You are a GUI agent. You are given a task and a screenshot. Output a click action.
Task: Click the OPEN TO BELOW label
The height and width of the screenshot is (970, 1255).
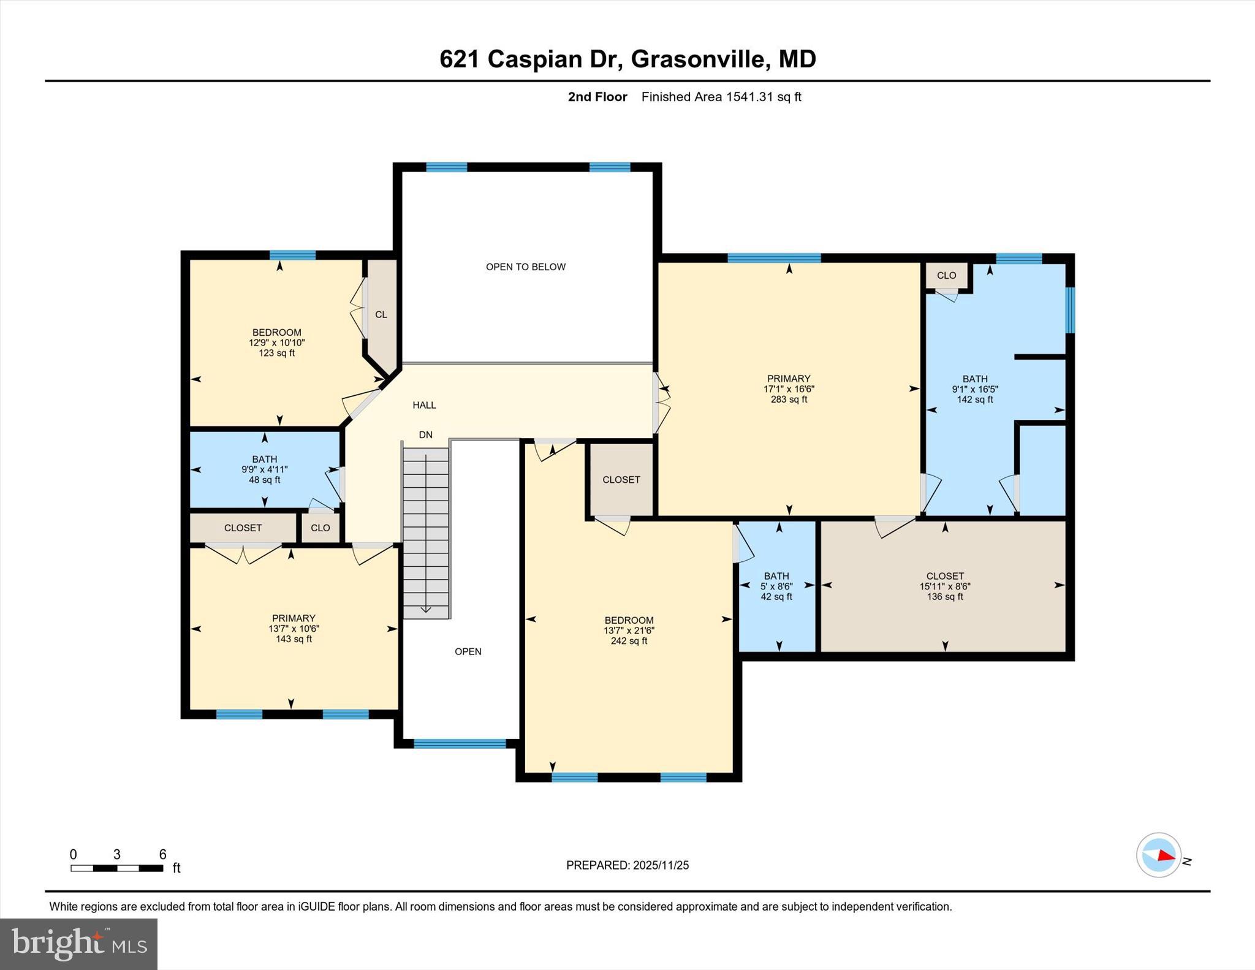click(x=525, y=267)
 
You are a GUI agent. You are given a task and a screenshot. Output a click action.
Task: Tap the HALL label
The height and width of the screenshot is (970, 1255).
click(x=424, y=405)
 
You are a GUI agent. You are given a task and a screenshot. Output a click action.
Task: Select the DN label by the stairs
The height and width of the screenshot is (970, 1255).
click(x=425, y=435)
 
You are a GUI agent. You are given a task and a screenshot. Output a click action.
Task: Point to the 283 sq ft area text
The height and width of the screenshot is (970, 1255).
click(x=789, y=400)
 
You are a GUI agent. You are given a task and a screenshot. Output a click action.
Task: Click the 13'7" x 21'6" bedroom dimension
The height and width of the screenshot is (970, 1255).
click(x=629, y=631)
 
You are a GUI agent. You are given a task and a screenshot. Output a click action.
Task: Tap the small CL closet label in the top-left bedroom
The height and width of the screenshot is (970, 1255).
click(x=381, y=314)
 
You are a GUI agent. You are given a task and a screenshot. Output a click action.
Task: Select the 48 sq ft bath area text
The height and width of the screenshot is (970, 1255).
click(x=264, y=480)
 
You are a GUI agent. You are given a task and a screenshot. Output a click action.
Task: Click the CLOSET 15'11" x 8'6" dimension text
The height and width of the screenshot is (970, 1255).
click(x=945, y=586)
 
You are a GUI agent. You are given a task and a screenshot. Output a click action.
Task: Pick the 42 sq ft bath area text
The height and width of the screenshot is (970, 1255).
click(x=776, y=597)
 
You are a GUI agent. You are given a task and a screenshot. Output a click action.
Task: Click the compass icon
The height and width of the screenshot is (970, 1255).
click(x=1158, y=855)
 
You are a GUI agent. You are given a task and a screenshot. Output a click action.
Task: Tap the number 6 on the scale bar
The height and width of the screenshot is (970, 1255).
click(x=162, y=854)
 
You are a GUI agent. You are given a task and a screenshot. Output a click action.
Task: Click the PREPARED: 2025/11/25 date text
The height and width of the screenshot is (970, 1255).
click(x=627, y=865)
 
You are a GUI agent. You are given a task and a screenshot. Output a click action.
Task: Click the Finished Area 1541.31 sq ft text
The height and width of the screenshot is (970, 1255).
click(x=721, y=97)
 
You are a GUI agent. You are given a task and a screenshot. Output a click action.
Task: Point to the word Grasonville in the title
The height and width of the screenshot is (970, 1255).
click(x=698, y=59)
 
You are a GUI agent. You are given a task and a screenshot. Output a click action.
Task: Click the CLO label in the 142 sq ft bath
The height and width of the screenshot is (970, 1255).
click(x=946, y=276)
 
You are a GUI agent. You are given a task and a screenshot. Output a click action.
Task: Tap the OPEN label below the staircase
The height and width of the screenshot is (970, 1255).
click(x=468, y=651)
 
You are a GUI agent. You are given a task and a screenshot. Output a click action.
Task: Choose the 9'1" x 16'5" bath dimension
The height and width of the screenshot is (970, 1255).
click(x=974, y=389)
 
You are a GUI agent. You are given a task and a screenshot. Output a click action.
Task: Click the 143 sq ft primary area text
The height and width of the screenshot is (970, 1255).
click(x=294, y=639)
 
